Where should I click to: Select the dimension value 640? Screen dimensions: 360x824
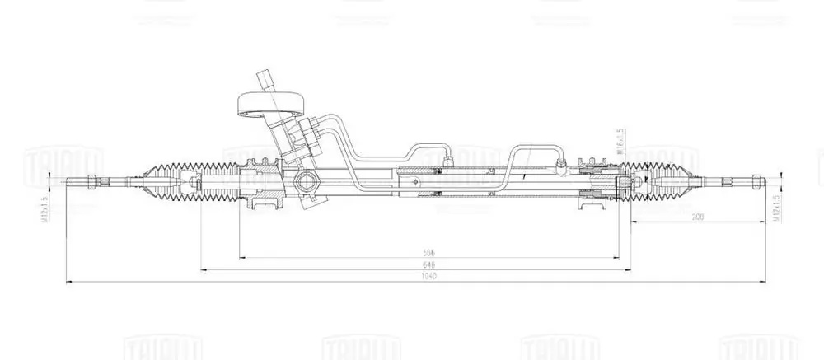pyautogui.click(x=428, y=264)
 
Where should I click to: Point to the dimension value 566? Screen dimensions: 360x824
pyautogui.click(x=428, y=252)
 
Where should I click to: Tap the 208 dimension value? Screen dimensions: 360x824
pyautogui.click(x=697, y=217)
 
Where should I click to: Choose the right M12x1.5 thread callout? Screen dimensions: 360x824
pyautogui.click(x=775, y=208)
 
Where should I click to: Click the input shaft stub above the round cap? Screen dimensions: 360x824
pyautogui.click(x=265, y=80)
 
